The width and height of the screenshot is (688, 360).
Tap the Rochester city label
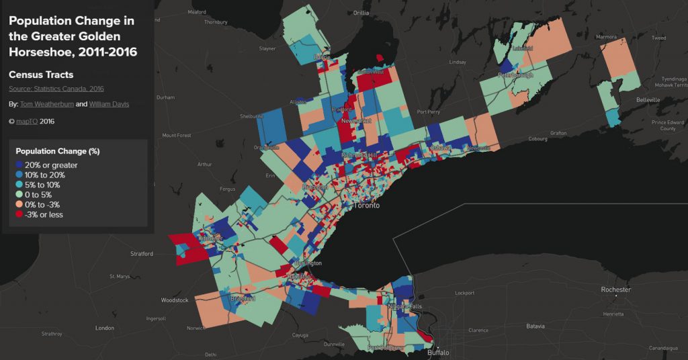coord(615,289)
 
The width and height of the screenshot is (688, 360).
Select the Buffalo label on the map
coord(437,352)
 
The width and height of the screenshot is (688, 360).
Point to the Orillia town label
coord(361,13)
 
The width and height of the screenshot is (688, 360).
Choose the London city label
coord(105,328)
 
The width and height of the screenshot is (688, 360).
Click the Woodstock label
coord(175,300)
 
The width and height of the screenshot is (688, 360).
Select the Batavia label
coord(535,326)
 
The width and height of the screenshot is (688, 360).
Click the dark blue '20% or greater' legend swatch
coord(19,165)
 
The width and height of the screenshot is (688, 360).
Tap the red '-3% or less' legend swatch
coord(19,214)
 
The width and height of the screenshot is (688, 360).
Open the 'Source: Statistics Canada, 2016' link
coord(56,89)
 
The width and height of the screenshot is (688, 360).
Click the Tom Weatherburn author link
coord(46,104)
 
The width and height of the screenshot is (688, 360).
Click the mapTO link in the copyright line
coord(27,122)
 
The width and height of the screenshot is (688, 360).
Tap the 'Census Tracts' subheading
coord(41,75)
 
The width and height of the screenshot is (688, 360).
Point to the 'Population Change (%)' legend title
coord(57,151)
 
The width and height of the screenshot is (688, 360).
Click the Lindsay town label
coord(457,62)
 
